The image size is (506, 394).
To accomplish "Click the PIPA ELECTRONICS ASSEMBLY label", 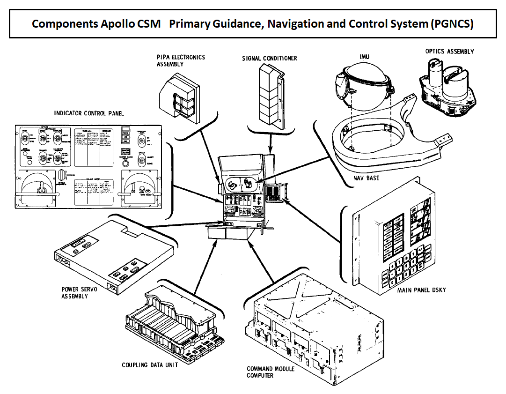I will point(181,60).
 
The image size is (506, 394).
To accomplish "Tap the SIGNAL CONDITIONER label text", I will point(269,59).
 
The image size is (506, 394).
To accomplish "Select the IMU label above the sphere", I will point(364,57).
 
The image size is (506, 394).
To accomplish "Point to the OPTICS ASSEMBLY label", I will point(449,52).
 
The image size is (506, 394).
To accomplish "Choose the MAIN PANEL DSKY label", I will point(421,290).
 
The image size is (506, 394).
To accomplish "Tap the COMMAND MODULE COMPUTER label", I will point(271,372).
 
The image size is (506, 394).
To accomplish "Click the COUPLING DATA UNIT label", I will point(150,365).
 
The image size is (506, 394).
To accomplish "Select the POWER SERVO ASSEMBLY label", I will point(80,293).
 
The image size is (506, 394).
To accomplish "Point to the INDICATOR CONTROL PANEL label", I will point(86,113).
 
